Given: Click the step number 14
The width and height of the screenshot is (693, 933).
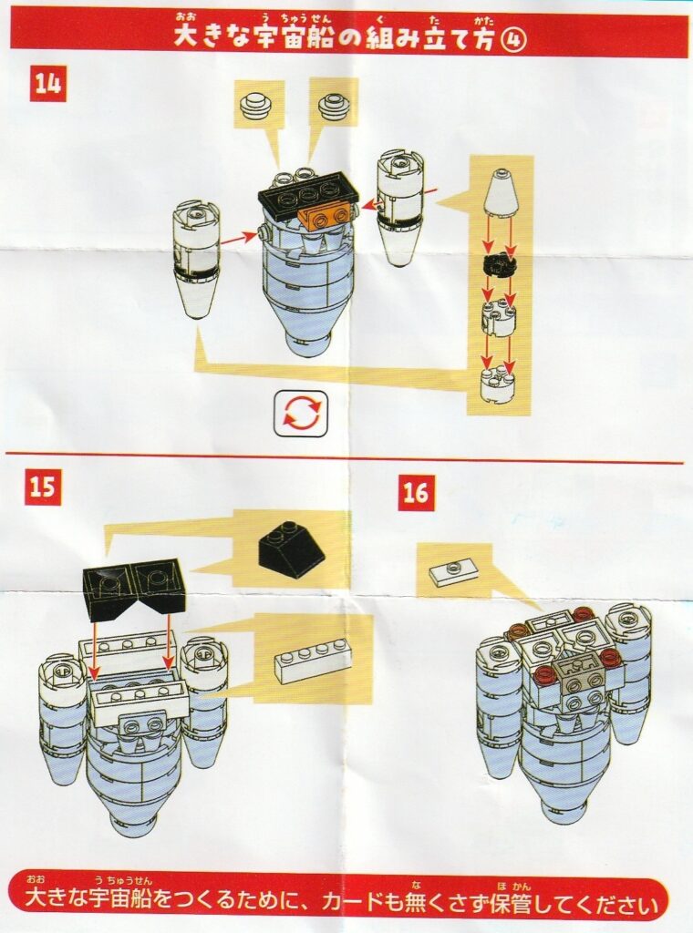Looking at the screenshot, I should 49,84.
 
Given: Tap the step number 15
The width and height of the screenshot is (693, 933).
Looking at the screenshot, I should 42,487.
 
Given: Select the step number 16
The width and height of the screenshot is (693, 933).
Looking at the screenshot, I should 415,494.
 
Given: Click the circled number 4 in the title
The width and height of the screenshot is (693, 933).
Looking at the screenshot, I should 514,40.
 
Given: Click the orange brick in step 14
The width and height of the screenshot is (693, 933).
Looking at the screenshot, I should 326,216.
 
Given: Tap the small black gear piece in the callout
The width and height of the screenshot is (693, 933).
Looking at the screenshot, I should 498,267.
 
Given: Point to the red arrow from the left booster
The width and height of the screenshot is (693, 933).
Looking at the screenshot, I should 239,238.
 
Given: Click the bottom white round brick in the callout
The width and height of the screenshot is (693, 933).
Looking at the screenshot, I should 498,387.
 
